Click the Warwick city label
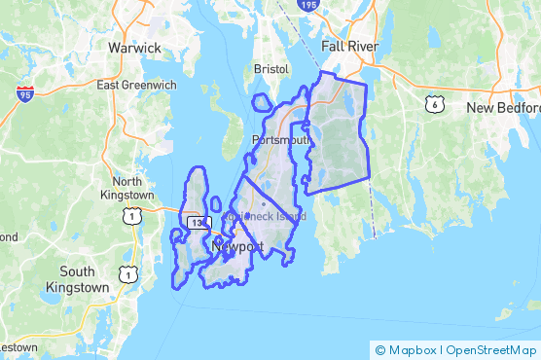(x=133, y=47)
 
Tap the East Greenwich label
(x=136, y=85)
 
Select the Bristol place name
(x=271, y=70)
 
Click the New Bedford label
(x=502, y=107)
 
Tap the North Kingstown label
(x=127, y=189)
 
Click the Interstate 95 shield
(x=23, y=93)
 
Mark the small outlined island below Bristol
(x=261, y=102)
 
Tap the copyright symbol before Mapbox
(x=379, y=349)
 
